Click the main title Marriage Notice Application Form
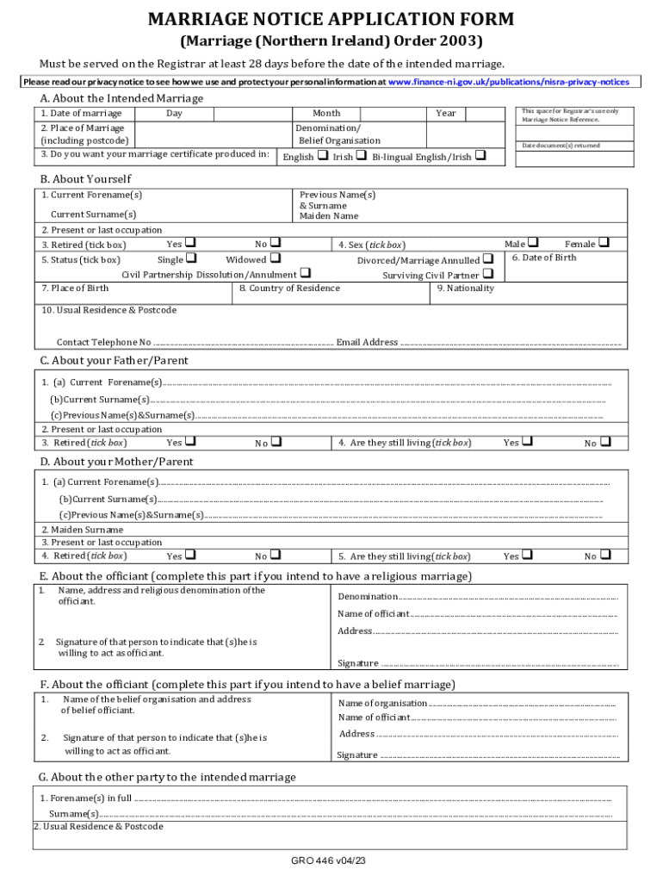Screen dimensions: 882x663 331,19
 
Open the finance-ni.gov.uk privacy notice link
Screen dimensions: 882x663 509,82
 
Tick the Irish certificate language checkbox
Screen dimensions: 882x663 361,156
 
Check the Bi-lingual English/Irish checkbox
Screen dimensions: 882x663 480,156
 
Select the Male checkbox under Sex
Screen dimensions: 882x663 533,243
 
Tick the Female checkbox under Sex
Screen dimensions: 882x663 603,243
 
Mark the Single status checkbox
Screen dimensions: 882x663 190,258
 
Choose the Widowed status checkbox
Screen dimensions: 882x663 275,258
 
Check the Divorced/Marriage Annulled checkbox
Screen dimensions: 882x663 488,258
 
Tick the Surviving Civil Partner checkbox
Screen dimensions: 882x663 487,274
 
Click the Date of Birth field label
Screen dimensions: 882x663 543,258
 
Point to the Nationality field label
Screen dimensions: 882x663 465,289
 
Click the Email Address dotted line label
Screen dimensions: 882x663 367,342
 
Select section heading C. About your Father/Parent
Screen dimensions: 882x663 114,360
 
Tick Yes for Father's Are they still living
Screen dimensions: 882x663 528,442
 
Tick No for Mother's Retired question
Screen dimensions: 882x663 276,556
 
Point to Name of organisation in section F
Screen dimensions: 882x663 382,703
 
